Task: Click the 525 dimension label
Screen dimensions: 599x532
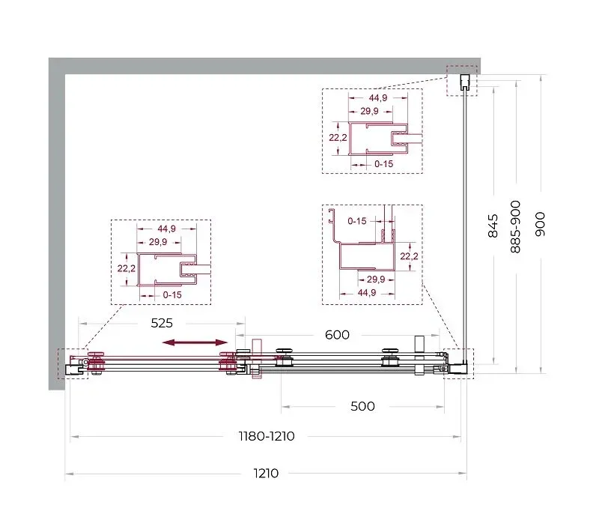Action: point(162,324)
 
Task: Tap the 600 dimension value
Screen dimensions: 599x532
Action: point(337,335)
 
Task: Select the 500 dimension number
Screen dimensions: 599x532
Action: point(362,406)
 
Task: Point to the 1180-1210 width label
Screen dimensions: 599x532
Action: point(267,436)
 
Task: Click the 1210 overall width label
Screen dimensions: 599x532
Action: point(266,474)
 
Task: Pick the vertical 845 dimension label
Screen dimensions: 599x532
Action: point(493,226)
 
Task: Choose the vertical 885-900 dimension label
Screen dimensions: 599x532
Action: point(515,226)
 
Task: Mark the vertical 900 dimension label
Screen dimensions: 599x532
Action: point(540,224)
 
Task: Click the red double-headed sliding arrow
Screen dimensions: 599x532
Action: point(195,342)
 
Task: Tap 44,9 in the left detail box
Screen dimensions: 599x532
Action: point(166,229)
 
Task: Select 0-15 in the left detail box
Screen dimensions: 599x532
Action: point(172,295)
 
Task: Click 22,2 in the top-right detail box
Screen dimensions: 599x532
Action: point(338,137)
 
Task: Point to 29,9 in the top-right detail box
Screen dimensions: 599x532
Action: point(369,111)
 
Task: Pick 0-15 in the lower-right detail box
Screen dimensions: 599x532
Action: point(357,221)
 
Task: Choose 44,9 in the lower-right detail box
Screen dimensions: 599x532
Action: point(367,293)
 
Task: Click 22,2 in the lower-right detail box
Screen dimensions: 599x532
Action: point(409,256)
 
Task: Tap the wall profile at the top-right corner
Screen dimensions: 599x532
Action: point(464,82)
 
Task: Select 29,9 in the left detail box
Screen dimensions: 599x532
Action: point(158,242)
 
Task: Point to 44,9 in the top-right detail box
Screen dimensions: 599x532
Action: point(378,98)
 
